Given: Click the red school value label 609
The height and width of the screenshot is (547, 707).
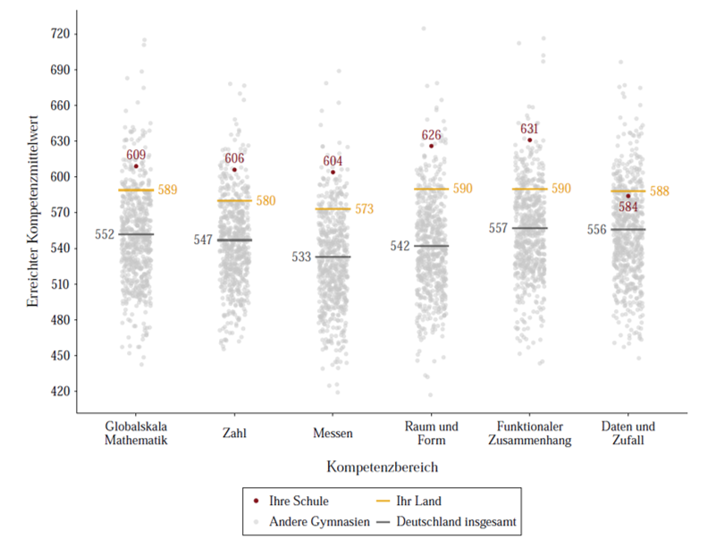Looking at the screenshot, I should click(x=136, y=155).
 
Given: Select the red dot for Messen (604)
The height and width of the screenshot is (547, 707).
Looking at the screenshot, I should click(x=332, y=172).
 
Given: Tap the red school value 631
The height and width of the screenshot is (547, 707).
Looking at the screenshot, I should click(x=529, y=129).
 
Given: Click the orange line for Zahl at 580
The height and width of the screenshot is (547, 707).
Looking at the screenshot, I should click(x=234, y=200).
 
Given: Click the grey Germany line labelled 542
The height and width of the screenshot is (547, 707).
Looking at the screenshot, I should click(x=431, y=246).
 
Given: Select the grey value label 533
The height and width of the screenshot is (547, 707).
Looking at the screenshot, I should click(x=302, y=257).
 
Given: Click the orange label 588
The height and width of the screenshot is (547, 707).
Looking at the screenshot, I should click(x=659, y=191).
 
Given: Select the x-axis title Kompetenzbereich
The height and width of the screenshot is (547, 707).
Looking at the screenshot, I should click(x=382, y=467).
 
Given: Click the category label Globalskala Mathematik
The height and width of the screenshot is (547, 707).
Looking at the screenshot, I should click(x=136, y=433).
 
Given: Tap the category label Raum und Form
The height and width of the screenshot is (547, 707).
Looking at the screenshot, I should click(x=431, y=433).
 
